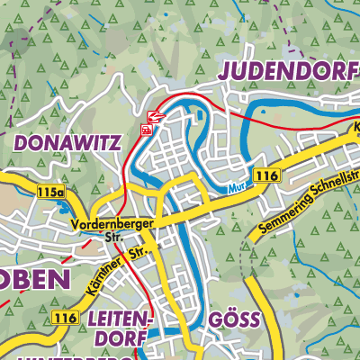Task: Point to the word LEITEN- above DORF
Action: pos(122,319)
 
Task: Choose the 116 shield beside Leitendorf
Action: pos(64,318)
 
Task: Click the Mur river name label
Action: pos(237,188)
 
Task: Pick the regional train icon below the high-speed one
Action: pos(146,130)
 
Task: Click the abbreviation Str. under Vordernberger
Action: pos(113,238)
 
